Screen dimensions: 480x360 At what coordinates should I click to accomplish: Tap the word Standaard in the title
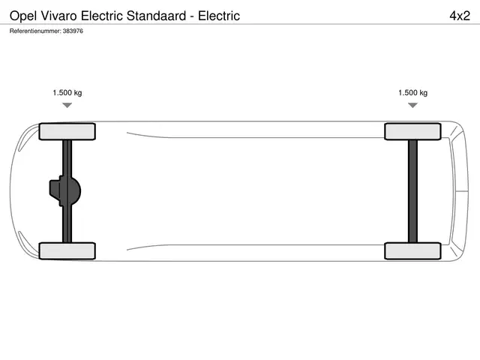pyautogui.click(x=156, y=16)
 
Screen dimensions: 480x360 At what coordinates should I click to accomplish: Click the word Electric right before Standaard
pyautogui.click(x=102, y=16)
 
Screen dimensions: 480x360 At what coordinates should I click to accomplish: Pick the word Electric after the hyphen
pyautogui.click(x=219, y=16)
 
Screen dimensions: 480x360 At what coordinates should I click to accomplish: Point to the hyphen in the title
pyautogui.click(x=192, y=17)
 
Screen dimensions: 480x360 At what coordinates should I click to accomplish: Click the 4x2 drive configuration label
pyautogui.click(x=460, y=16)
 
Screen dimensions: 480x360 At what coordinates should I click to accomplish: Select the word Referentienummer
pyautogui.click(x=35, y=31)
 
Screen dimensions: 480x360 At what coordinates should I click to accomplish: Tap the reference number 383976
pyautogui.click(x=73, y=31)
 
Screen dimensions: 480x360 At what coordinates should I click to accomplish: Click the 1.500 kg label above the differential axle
pyautogui.click(x=67, y=93)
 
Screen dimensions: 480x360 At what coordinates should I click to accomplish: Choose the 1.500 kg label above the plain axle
pyautogui.click(x=412, y=93)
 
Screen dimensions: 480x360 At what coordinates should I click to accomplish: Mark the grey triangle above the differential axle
pyautogui.click(x=67, y=105)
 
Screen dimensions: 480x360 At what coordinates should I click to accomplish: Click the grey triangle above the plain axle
pyautogui.click(x=412, y=105)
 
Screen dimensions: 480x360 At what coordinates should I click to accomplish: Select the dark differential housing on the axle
pyautogui.click(x=65, y=191)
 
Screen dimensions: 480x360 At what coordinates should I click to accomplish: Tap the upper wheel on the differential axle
pyautogui.click(x=67, y=132)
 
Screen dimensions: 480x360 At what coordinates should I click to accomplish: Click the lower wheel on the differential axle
pyautogui.click(x=67, y=251)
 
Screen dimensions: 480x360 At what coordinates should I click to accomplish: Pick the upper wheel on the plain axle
pyautogui.click(x=412, y=132)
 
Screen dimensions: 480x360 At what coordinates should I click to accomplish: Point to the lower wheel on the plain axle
pyautogui.click(x=412, y=251)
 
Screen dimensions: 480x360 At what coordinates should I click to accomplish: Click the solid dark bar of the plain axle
pyautogui.click(x=412, y=191)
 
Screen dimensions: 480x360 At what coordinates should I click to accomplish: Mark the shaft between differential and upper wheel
pyautogui.click(x=67, y=158)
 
